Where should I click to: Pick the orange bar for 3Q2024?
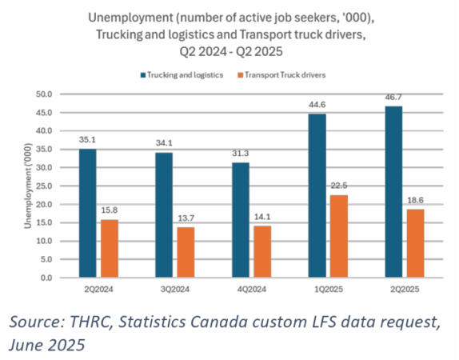coord(185,252)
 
